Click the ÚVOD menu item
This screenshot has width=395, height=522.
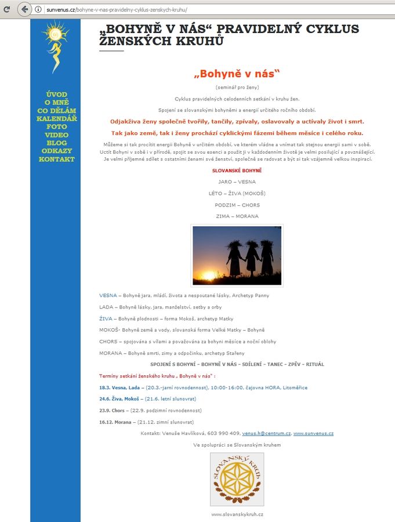pyautogui.click(x=56, y=95)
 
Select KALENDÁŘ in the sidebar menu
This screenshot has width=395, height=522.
pyautogui.click(x=56, y=118)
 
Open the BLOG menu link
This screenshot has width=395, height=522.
pyautogui.click(x=56, y=143)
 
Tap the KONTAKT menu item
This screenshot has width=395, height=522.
pyautogui.click(x=56, y=159)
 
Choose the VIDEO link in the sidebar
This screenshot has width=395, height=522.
pyautogui.click(x=56, y=135)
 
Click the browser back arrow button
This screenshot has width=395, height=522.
pyautogui.click(x=24, y=9)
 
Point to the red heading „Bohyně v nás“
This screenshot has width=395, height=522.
pyautogui.click(x=237, y=74)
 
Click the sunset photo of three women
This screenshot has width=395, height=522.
pyautogui.click(x=237, y=256)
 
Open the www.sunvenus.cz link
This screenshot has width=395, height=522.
pyautogui.click(x=313, y=433)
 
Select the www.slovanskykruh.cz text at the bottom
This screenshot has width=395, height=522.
pyautogui.click(x=237, y=514)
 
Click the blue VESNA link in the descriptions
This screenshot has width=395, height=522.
pyautogui.click(x=108, y=295)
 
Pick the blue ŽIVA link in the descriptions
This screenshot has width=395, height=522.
pyautogui.click(x=106, y=318)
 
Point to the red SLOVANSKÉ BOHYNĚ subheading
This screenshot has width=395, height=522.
pyautogui.click(x=237, y=170)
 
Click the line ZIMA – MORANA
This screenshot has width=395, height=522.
pyautogui.click(x=237, y=216)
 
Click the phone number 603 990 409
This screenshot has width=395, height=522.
pyautogui.click(x=224, y=433)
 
